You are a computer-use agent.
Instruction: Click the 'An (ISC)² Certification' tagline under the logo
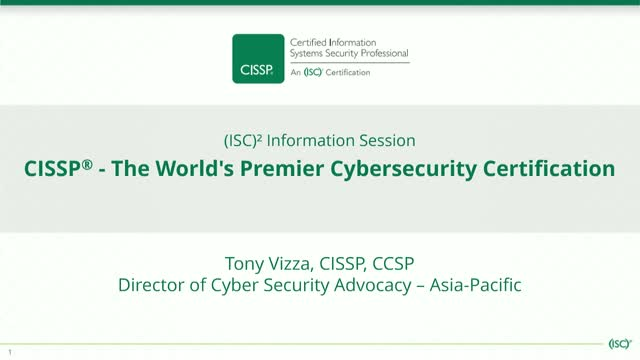tap(324, 73)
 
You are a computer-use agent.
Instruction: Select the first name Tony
tap(245, 263)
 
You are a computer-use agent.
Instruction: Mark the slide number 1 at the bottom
tap(10, 352)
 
